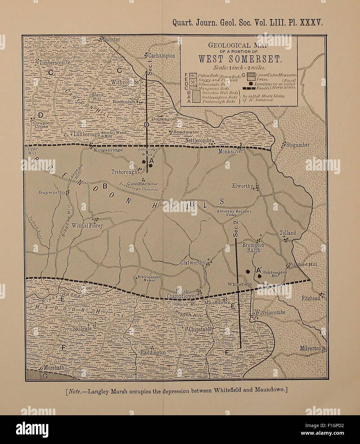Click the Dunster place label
click(112, 40)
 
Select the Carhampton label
click(162, 56)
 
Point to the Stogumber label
click(298, 145)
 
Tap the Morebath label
click(54, 368)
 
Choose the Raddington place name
click(153, 353)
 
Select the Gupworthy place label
click(52, 192)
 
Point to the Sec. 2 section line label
click(236, 229)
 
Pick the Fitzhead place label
click(310, 298)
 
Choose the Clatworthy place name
click(192, 263)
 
